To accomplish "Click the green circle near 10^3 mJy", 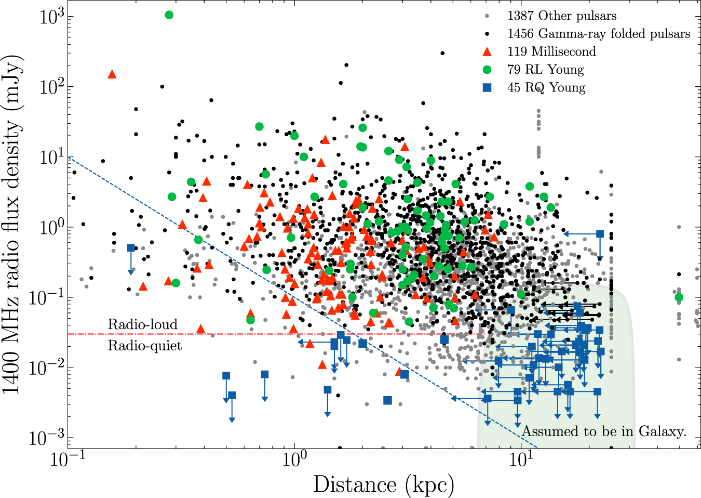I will pos(169,15).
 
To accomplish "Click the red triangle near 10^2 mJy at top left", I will pos(112,75).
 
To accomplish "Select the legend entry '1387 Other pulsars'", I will pos(561,16).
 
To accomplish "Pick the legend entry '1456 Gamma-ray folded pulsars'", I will pos(598,34).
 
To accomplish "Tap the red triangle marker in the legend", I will pos(487,51).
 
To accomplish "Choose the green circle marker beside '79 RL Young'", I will pos(487,70).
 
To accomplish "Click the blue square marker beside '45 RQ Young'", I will pos(487,87).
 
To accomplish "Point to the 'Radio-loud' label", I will pos(142,324).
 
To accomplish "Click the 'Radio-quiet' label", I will pos(144,346).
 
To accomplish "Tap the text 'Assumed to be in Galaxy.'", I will pos(604,431).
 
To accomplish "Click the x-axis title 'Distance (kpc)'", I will pos(384,484).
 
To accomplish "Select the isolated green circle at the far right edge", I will pos(679,297).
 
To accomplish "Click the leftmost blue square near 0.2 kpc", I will pos(131,248).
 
